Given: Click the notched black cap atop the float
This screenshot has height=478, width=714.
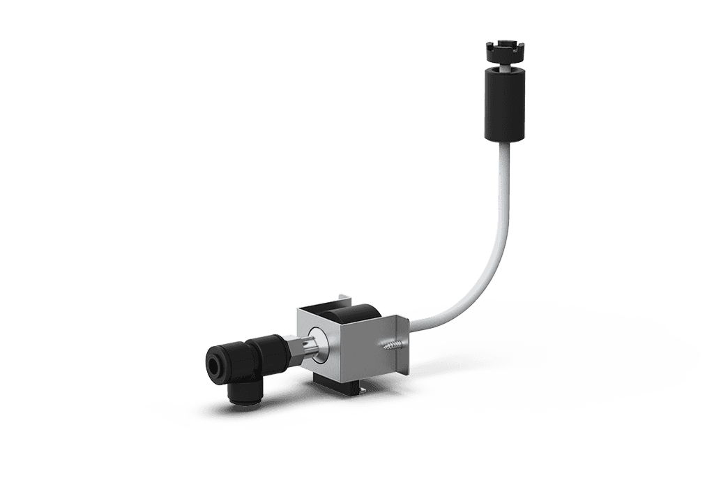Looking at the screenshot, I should point(506,52).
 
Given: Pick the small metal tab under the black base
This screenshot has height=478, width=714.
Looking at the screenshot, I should point(362,391).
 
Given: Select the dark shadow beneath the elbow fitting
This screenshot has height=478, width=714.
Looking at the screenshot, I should point(230,412).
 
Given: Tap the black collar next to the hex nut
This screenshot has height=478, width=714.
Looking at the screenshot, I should point(272,352).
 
